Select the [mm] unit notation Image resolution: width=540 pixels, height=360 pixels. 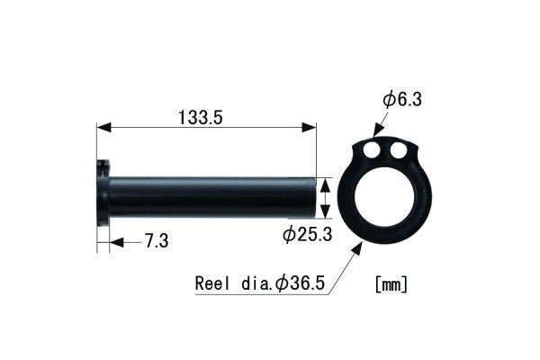[391, 283]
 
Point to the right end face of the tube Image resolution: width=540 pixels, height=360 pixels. [316, 196]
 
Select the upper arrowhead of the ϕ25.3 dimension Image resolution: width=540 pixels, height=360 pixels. [326, 181]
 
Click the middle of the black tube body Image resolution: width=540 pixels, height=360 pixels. [211, 196]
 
